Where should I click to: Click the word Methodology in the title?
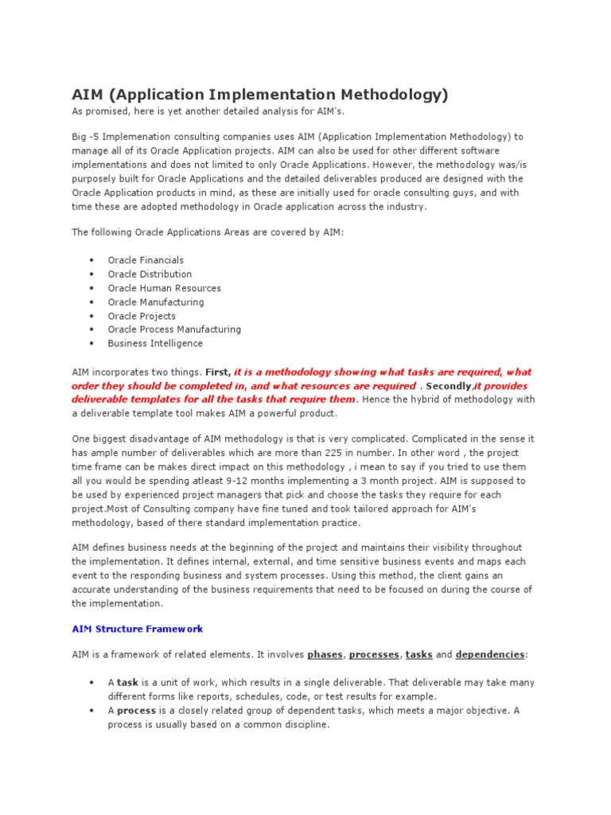tap(387, 96)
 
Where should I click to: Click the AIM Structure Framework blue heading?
tap(137, 629)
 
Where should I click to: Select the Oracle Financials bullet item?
tap(146, 260)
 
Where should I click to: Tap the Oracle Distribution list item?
tap(150, 274)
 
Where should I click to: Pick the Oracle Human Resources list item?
tap(164, 288)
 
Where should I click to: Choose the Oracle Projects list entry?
tap(142, 316)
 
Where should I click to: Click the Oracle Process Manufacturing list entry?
tap(174, 330)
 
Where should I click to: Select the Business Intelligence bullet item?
tap(155, 344)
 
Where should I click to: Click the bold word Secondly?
tap(449, 386)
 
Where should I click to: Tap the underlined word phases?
tap(325, 655)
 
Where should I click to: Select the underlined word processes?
tap(374, 655)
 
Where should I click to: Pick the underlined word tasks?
tap(418, 655)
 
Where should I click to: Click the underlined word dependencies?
tap(490, 655)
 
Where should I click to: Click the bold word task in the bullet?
tap(127, 683)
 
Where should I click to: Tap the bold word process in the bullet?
tap(136, 711)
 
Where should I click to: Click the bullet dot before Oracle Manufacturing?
tap(91, 302)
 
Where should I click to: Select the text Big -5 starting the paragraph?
tap(85, 137)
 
